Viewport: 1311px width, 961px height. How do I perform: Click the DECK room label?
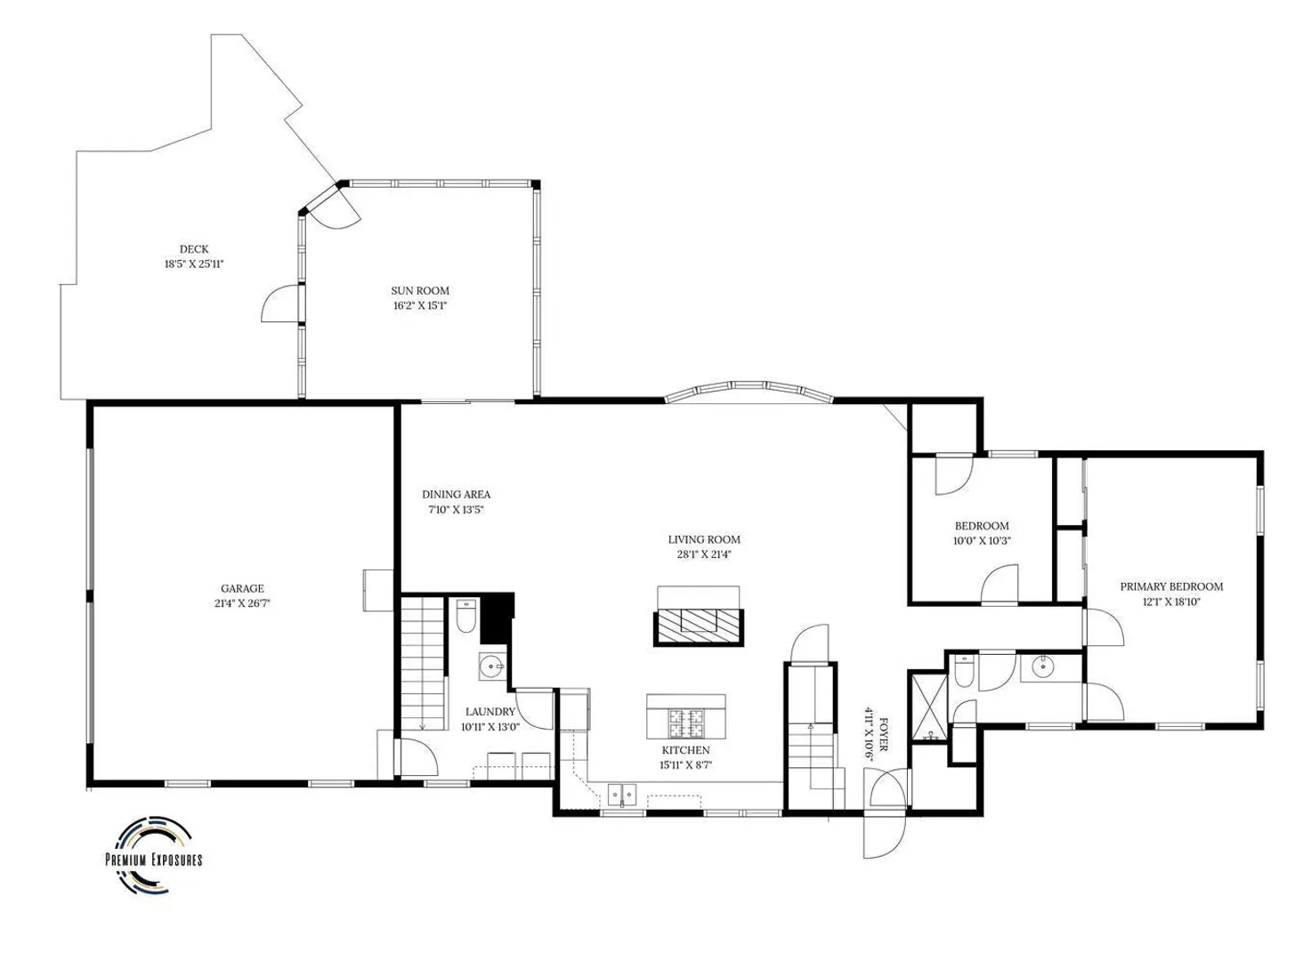[x=194, y=249]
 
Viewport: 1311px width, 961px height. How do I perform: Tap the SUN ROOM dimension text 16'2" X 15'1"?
[x=420, y=305]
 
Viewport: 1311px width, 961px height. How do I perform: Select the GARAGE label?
[x=242, y=589]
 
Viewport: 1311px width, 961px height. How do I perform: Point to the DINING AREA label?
[x=456, y=495]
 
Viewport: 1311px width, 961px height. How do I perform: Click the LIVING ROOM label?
[x=704, y=539]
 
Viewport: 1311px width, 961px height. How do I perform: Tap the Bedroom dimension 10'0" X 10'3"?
[x=982, y=541]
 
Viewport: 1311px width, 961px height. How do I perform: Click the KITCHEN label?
[x=686, y=750]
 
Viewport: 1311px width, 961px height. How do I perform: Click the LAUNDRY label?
[x=490, y=712]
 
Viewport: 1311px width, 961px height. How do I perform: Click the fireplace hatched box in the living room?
[x=699, y=627]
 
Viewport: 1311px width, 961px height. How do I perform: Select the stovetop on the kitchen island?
[x=686, y=723]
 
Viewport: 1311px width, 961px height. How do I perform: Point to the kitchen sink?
[x=622, y=795]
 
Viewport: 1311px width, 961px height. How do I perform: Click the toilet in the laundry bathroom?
[x=465, y=616]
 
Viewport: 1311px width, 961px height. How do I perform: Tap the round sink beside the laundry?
[x=490, y=666]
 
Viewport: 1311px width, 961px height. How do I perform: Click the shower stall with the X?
[x=927, y=706]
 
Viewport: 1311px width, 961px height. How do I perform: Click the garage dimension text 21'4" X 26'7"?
[x=242, y=604]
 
